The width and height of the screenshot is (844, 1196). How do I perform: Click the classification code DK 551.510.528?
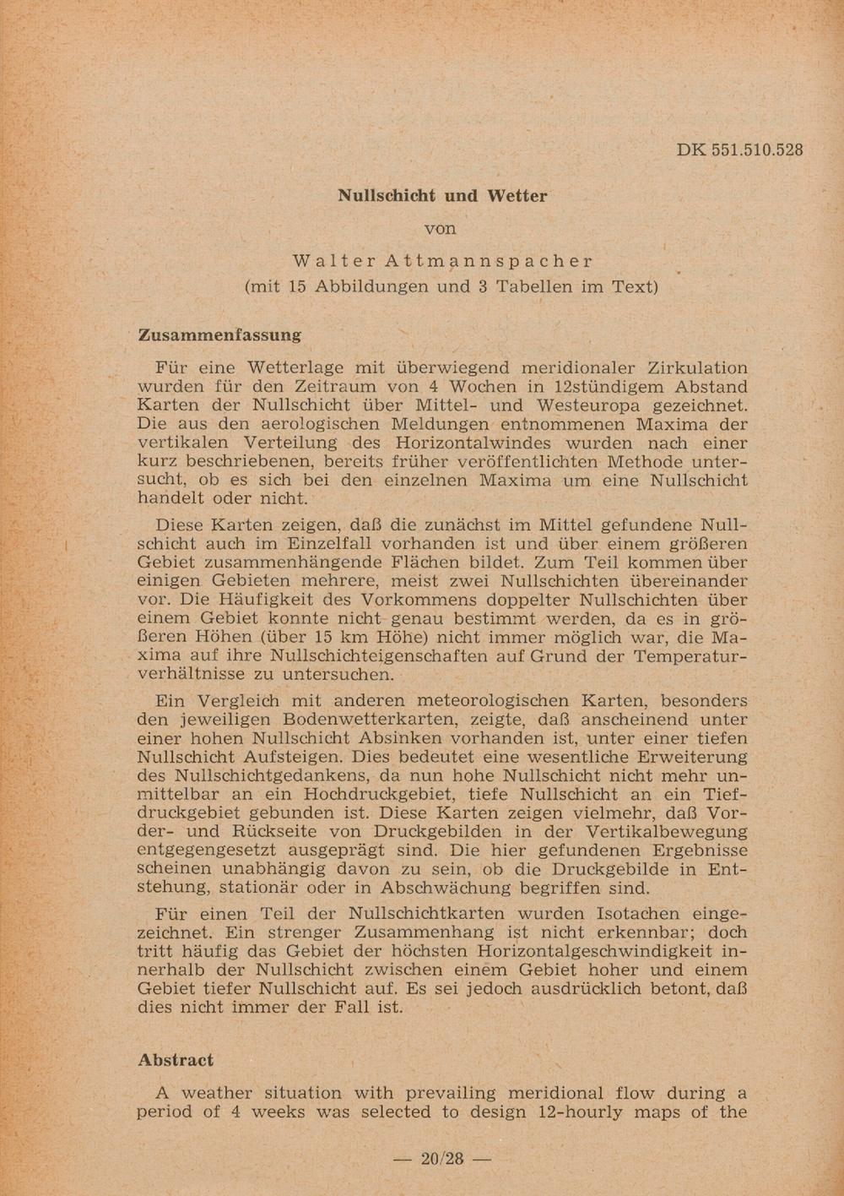click(x=739, y=150)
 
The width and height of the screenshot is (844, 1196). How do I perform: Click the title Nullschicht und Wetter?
click(x=442, y=196)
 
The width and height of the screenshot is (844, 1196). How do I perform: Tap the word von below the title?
click(x=440, y=228)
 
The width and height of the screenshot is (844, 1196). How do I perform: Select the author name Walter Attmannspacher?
click(x=443, y=261)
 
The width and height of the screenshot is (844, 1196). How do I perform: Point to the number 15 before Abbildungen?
click(x=297, y=286)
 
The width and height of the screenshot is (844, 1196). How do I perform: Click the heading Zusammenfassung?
click(x=219, y=334)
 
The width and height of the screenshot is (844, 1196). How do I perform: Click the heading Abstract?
click(x=176, y=1060)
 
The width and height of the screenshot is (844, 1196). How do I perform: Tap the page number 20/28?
click(x=442, y=1158)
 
